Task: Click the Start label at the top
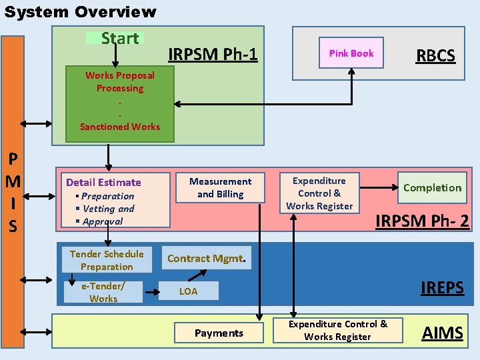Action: point(119,39)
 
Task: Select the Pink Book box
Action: point(351,53)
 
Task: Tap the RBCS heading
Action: point(435,55)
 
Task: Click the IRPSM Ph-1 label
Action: point(213,54)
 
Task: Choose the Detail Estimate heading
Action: point(103,182)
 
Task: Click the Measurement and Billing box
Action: point(220,188)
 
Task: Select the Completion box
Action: point(432,188)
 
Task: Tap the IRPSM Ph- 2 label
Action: point(422,221)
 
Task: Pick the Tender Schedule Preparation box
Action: point(107,260)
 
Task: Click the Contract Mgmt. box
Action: point(207,259)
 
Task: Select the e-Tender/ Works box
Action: point(103,292)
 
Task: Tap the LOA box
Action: point(189,291)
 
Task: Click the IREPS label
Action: point(442,288)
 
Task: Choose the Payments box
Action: point(219,333)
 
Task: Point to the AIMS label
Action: point(442,333)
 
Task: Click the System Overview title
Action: point(80,12)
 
